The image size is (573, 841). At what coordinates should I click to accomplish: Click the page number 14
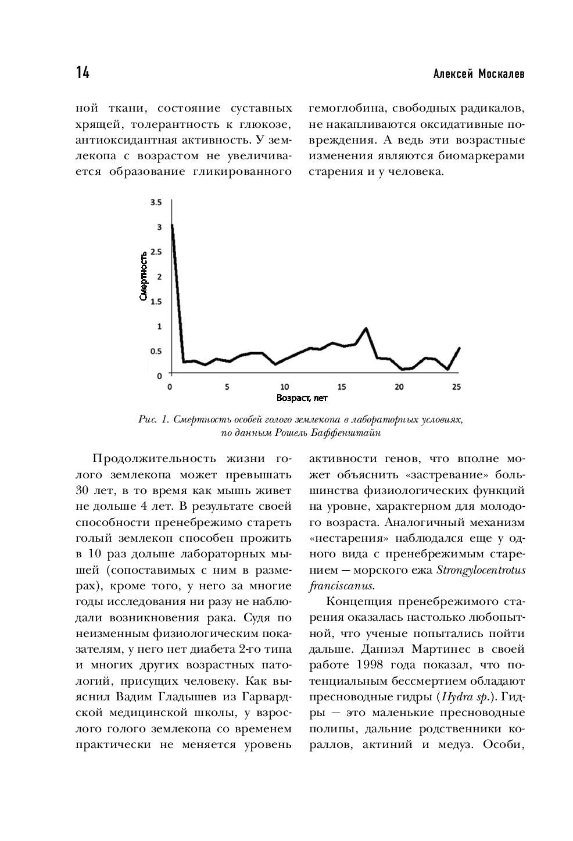[83, 73]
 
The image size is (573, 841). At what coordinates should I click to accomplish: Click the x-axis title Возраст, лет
[302, 398]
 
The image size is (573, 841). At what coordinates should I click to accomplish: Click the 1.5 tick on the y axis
[156, 302]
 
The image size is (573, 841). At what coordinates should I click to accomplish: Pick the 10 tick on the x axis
[285, 387]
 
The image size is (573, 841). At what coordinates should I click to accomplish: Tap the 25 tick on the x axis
[456, 387]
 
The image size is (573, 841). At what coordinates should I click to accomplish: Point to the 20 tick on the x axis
[399, 387]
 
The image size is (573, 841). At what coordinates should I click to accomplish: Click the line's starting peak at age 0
[172, 226]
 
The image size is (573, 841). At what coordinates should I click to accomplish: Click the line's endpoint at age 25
[459, 348]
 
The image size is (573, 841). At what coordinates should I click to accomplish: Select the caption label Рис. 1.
[153, 420]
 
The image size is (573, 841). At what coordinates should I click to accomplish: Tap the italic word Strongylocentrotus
[481, 570]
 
